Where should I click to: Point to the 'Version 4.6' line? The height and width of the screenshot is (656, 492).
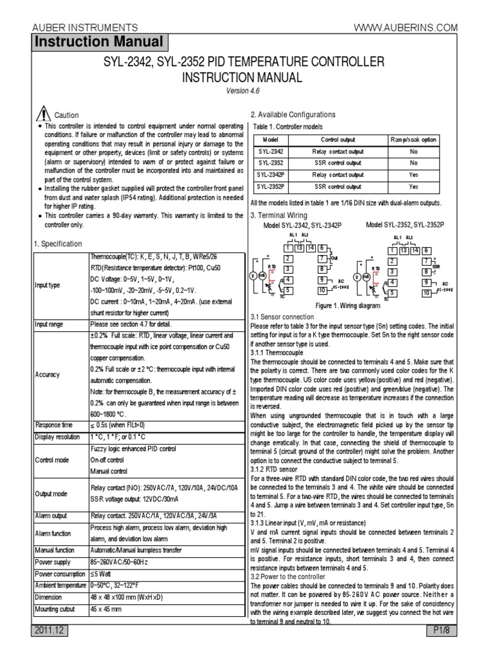(x=245, y=90)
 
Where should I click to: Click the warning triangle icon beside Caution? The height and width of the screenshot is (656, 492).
(x=43, y=114)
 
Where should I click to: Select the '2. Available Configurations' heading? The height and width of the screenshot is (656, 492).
(x=293, y=115)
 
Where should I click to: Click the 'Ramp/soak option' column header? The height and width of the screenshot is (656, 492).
(x=413, y=140)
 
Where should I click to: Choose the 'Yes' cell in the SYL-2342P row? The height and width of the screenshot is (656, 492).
(x=413, y=175)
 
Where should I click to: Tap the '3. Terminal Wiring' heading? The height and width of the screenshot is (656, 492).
(x=279, y=215)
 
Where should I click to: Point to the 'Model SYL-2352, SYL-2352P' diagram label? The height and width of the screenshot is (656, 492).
(x=405, y=225)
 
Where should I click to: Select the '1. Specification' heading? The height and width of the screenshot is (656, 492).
(x=58, y=244)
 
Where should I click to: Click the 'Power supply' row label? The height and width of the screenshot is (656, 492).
(x=52, y=562)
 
